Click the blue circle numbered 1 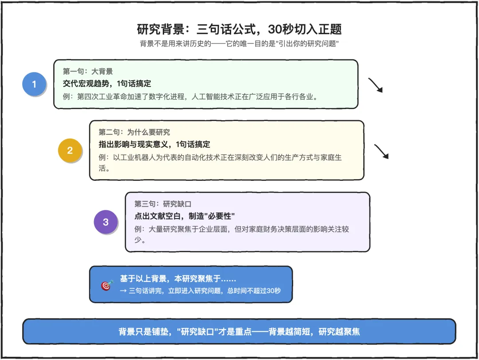[34, 84]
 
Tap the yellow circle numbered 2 [70, 150]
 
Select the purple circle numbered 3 [106, 222]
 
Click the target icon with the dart [107, 285]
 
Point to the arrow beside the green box [375, 85]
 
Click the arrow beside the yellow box [381, 151]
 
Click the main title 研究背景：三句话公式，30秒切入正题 [239, 29]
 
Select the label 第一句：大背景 [88, 71]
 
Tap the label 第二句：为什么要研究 [134, 132]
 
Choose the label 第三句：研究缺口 [163, 204]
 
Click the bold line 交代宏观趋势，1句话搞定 [107, 83]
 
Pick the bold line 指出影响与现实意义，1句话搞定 [154, 144]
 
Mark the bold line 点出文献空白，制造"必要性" [185, 216]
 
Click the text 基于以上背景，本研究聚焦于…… [178, 279]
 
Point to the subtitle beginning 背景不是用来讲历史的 [239, 44]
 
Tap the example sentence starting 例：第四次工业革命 [191, 96]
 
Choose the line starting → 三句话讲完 [200, 291]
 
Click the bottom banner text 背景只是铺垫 [239, 332]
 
